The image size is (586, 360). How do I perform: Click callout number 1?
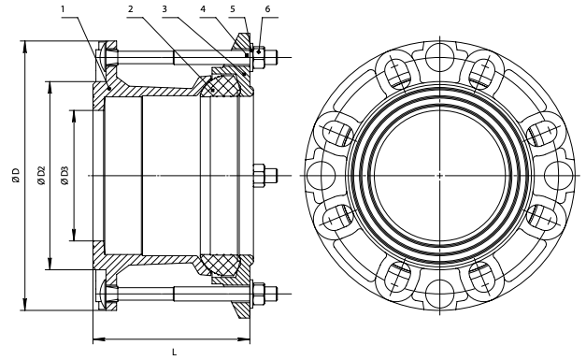(x=63, y=9)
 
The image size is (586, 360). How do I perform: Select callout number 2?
(x=131, y=9)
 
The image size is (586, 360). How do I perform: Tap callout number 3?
(x=164, y=9)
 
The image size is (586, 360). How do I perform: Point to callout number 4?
(x=203, y=9)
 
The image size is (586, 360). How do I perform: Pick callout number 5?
(x=233, y=9)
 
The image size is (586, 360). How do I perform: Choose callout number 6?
(x=267, y=9)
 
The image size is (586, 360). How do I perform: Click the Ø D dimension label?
(x=16, y=176)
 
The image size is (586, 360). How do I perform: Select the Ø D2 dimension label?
(x=41, y=176)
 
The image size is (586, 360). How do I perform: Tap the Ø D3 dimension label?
(x=65, y=176)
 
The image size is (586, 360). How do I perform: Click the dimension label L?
(x=174, y=352)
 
